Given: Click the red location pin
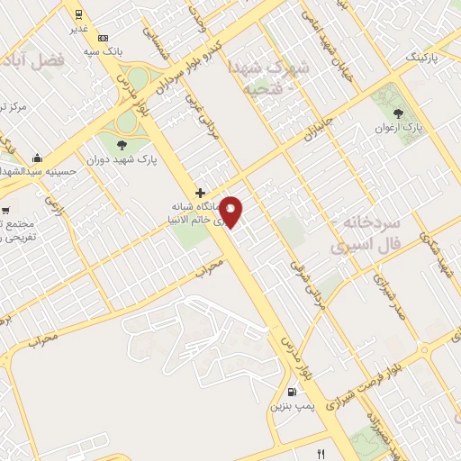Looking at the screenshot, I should [232, 212].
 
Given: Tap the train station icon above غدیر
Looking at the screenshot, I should [79, 14].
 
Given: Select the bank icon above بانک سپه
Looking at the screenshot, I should [104, 38].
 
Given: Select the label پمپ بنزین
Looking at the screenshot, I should [292, 407].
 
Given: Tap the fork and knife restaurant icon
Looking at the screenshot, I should [321, 453].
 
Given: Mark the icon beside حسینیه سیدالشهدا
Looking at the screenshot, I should [36, 158].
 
